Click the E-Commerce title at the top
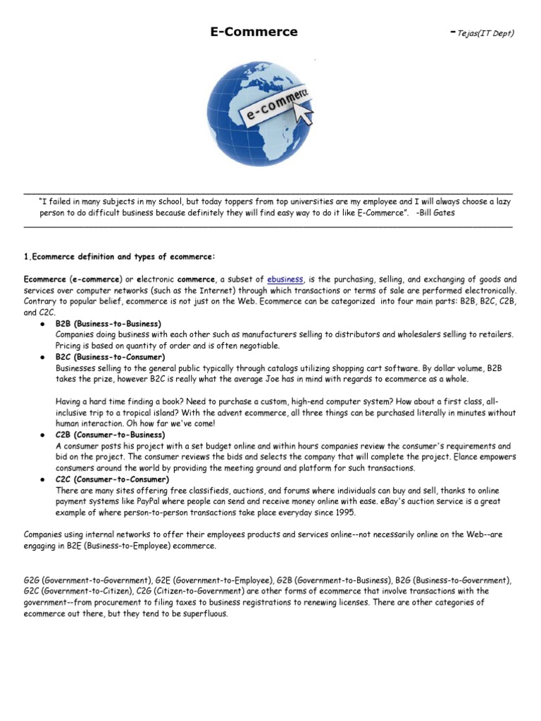coord(254,32)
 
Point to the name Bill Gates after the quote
coord(437,213)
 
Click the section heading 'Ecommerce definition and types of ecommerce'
coord(120,257)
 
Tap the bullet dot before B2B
coord(43,323)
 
